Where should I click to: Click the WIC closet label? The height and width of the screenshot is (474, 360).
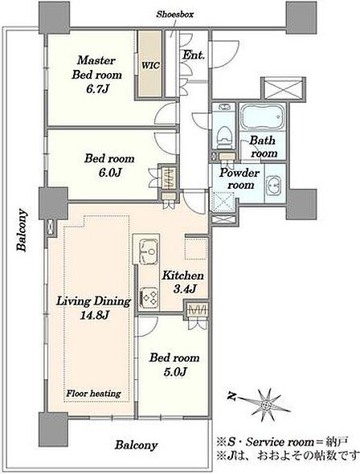point(150,66)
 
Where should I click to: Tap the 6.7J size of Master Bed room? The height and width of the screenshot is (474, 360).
point(96,89)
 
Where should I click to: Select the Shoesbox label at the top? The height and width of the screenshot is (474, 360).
point(174,14)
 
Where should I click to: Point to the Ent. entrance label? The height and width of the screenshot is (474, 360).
point(194,55)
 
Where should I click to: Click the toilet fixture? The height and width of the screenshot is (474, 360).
point(224,137)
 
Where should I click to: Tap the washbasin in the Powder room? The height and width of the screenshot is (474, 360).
point(273,184)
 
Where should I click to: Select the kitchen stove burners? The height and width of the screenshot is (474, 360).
point(150,296)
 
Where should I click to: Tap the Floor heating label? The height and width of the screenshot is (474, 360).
point(93,394)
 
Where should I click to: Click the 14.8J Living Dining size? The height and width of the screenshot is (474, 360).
point(94,316)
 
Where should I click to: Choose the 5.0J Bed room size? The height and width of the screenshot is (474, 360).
point(174,372)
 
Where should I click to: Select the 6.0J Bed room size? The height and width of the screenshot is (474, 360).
point(109,173)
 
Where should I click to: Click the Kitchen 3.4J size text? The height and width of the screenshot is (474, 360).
point(184,289)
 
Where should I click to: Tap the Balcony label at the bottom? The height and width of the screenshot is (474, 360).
point(136,445)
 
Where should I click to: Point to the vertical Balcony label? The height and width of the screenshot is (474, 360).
point(22,230)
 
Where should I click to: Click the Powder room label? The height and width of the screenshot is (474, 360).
point(239,178)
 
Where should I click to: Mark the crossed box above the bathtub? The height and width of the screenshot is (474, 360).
point(283,88)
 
